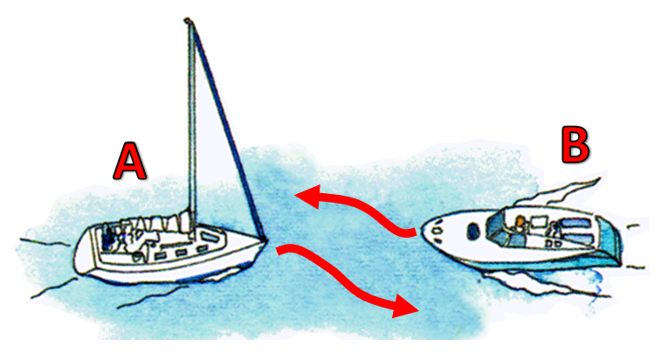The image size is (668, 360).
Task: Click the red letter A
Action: coord(130,161)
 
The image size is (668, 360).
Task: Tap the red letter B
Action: coord(575,145)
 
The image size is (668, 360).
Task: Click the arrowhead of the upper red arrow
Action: coord(306,197)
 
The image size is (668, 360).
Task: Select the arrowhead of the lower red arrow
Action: coord(405,306)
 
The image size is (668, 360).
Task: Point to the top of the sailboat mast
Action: coord(188,19)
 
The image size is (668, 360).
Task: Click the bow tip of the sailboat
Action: coord(265,240)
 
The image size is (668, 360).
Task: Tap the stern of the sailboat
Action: coord(82,252)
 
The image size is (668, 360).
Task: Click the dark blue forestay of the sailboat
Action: coord(230,133)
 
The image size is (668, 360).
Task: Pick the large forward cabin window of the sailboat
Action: coord(210,235)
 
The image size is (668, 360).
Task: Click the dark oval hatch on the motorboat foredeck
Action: coord(473,231)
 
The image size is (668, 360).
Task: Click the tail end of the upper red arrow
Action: coord(414,233)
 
